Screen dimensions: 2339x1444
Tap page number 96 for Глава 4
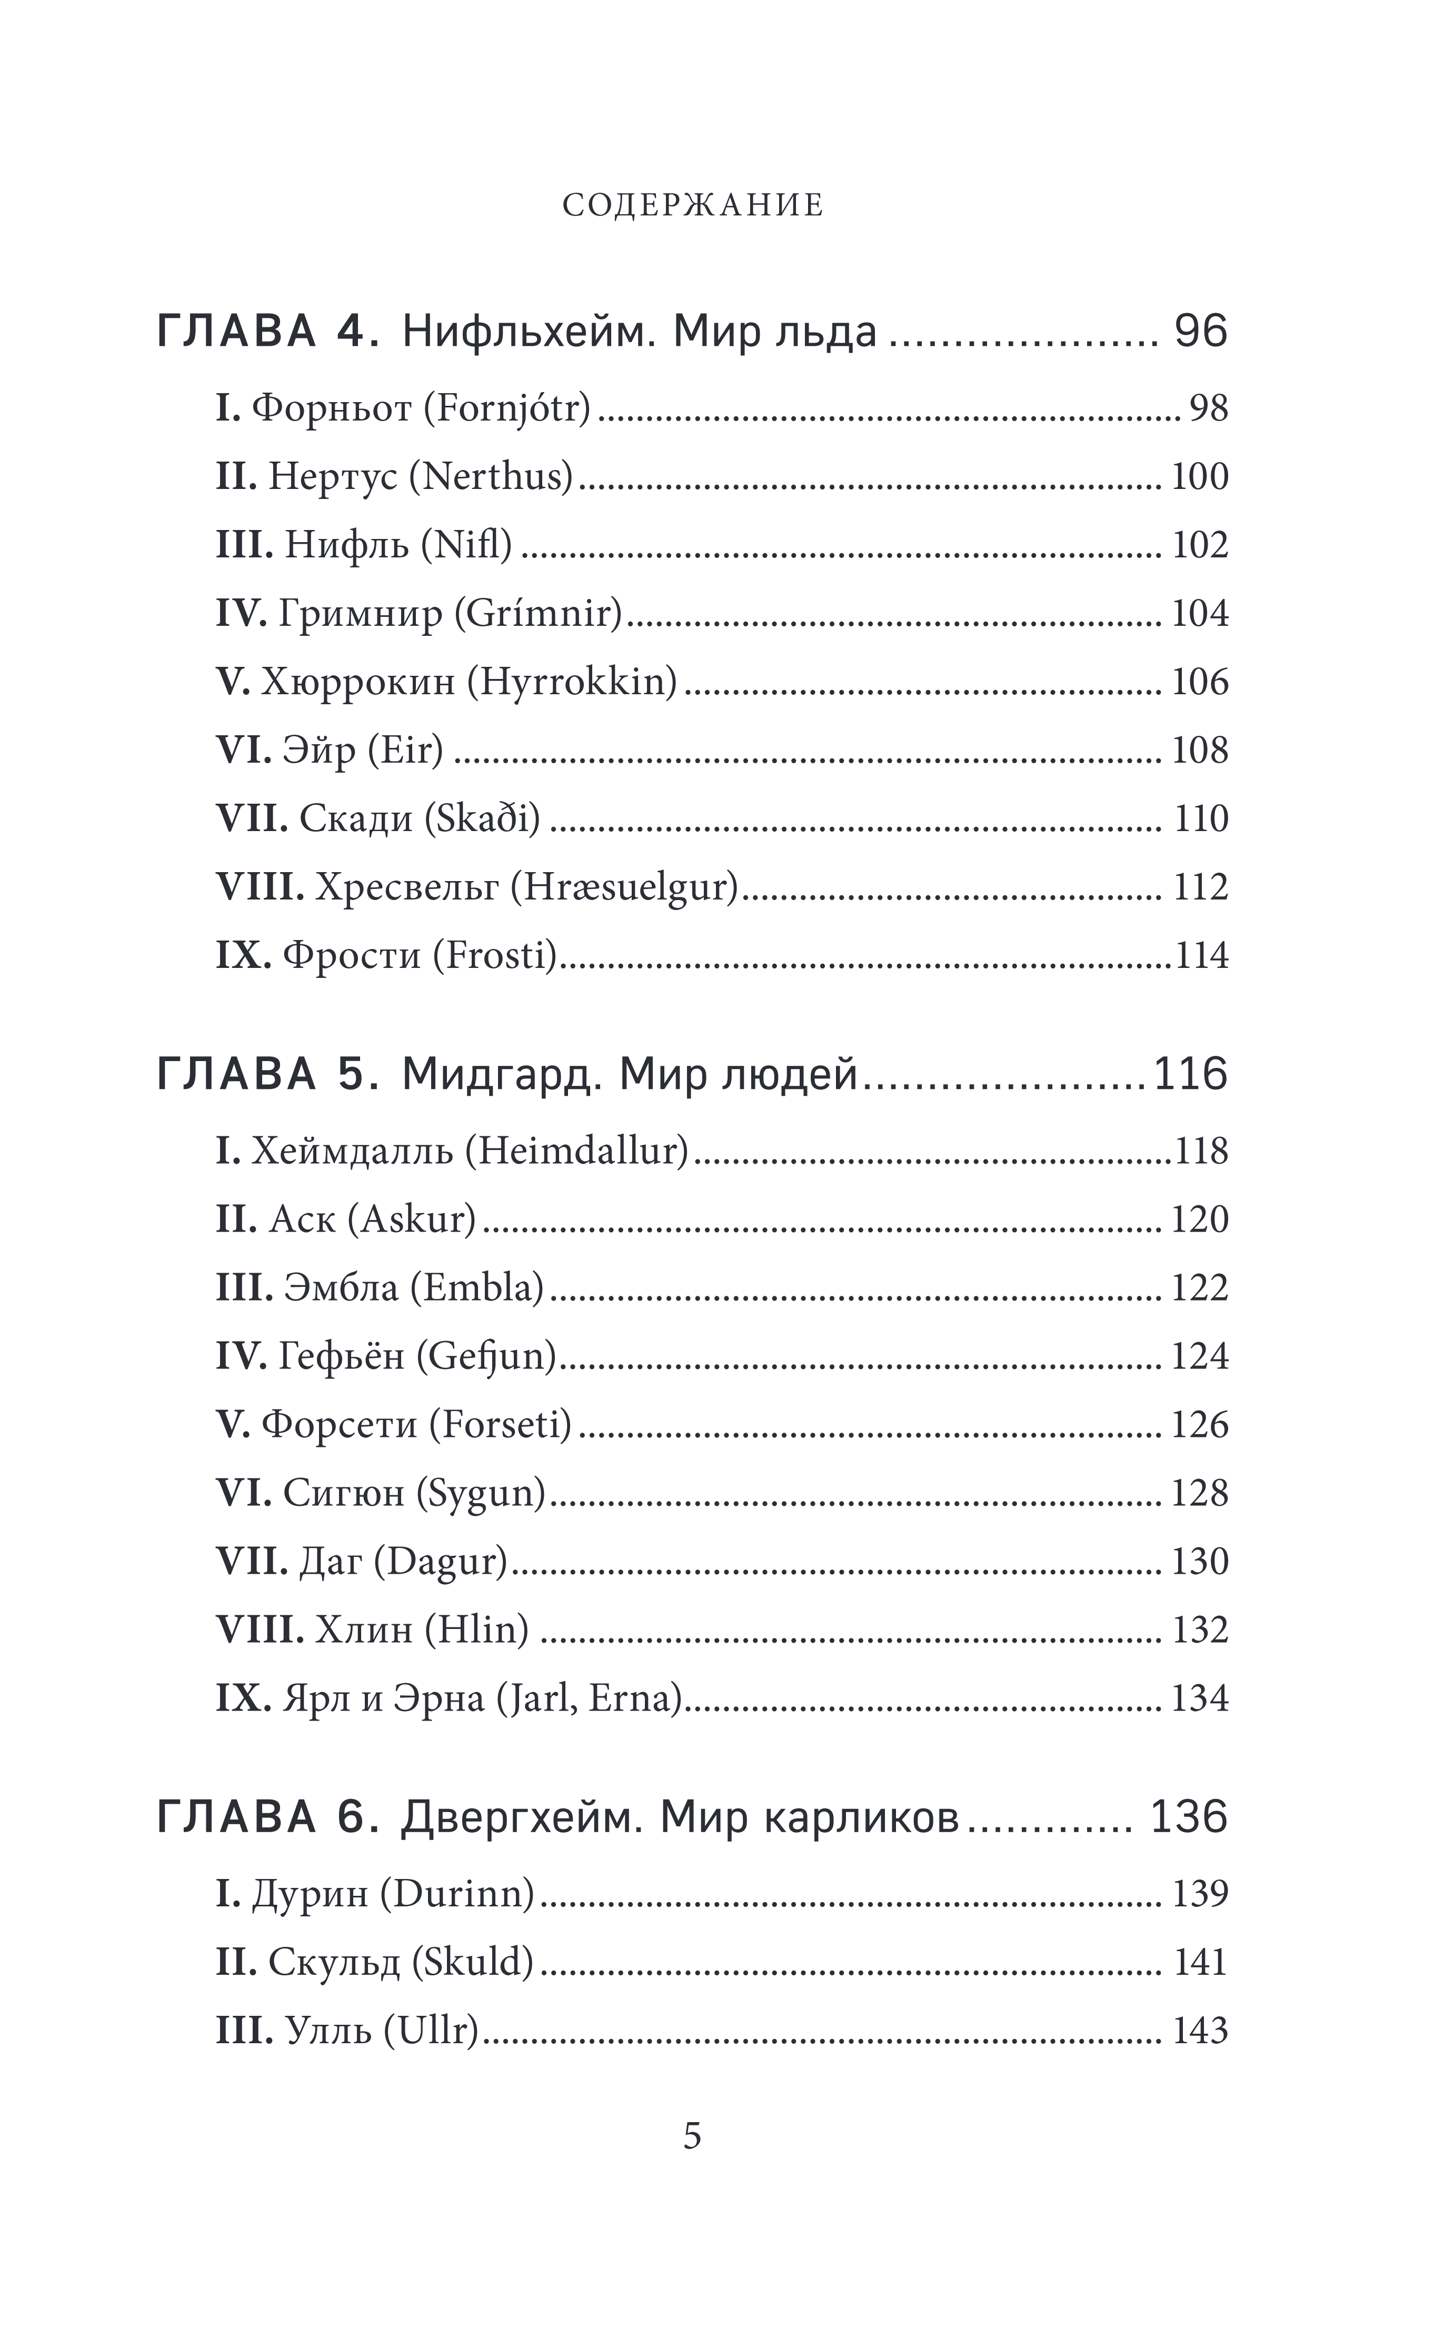(1200, 331)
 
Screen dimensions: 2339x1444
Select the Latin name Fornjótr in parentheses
(507, 408)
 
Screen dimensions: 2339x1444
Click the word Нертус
(332, 476)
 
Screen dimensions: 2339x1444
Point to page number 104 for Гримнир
(1200, 613)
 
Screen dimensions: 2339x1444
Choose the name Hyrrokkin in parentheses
(572, 682)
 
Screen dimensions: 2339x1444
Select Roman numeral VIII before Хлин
(260, 1630)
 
